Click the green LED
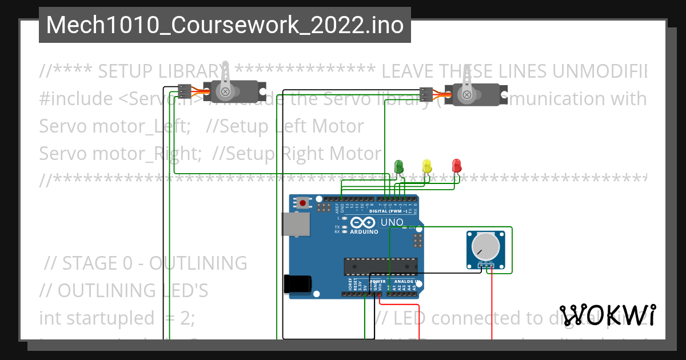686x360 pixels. (399, 166)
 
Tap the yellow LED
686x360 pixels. (426, 166)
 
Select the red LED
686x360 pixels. (456, 166)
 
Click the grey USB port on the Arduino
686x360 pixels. (296, 224)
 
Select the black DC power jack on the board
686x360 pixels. (297, 285)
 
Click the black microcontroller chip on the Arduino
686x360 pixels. (380, 267)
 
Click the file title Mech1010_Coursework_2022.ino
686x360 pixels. (225, 25)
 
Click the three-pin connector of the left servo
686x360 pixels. (184, 91)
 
